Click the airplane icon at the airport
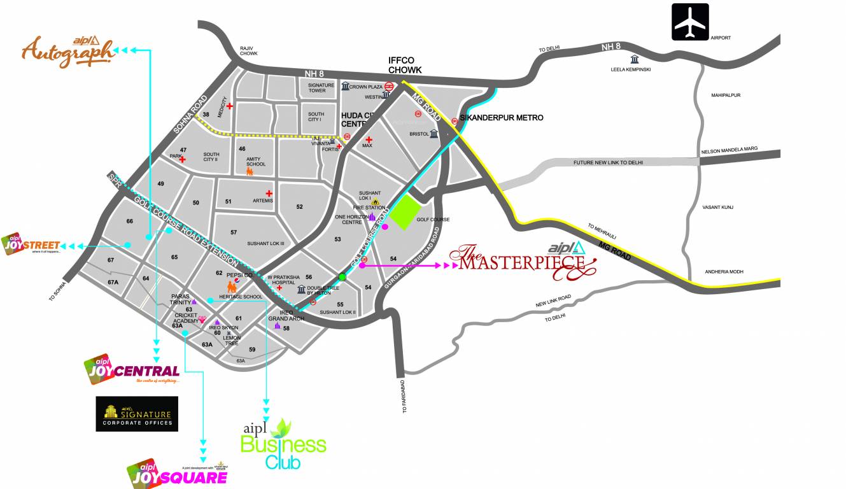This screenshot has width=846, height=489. click(x=690, y=22)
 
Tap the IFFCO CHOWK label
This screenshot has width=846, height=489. click(x=405, y=65)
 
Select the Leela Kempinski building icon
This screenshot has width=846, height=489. click(x=634, y=60)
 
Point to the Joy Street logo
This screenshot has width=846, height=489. click(x=31, y=244)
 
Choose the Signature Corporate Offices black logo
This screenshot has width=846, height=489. click(x=137, y=414)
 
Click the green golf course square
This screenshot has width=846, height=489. click(x=405, y=214)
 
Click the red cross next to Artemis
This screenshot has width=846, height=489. click(x=269, y=193)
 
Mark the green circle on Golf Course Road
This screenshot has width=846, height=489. click(x=342, y=276)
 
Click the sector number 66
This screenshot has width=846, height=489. click(x=130, y=221)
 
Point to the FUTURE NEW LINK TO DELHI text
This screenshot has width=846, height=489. click(x=608, y=162)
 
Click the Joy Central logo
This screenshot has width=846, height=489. click(x=132, y=369)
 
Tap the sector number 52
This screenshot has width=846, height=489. click(x=300, y=206)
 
